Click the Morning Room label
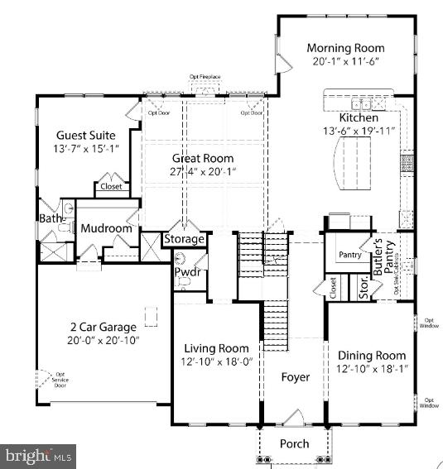coord(345,47)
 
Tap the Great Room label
coord(202,158)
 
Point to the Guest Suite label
coord(85,135)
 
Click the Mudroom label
coord(105,228)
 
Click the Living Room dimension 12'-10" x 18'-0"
coord(216,362)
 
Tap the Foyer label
coord(295,377)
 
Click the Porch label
coord(294,444)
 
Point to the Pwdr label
coord(186,273)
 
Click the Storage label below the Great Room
coord(183,239)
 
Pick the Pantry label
coord(349,255)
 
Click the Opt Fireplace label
coord(205,76)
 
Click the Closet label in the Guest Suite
coord(111,186)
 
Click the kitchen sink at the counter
coord(361,105)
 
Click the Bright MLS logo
coord(38,455)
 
